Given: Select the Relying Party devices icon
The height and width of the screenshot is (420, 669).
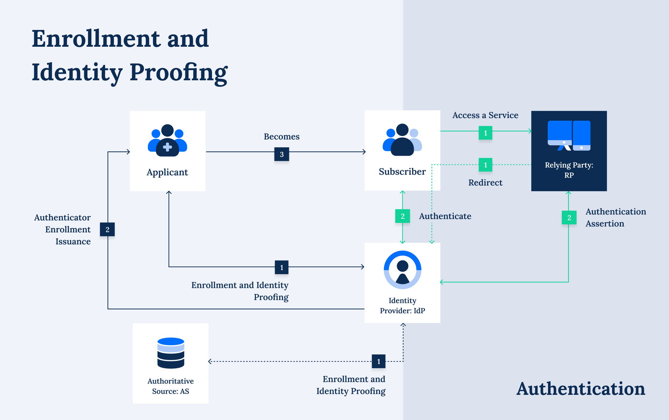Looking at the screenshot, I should click(569, 135).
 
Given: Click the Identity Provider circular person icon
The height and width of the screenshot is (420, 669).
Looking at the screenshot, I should click(402, 270).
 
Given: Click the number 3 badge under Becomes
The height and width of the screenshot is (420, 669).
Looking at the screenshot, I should click(281, 154).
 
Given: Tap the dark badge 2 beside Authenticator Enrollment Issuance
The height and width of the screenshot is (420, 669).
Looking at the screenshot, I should click(107, 229).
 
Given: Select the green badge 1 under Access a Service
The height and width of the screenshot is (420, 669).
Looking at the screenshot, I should click(485, 133).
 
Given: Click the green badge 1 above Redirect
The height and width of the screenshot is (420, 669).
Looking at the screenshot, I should click(485, 165).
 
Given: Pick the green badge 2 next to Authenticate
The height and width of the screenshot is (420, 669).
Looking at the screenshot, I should click(402, 216).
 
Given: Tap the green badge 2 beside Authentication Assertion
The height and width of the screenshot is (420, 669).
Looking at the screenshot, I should click(569, 218).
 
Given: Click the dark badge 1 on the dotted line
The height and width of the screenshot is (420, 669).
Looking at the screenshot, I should click(379, 361).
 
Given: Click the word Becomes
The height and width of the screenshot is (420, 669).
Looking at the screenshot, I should click(281, 137).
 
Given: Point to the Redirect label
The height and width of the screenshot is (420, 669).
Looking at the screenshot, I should click(485, 182).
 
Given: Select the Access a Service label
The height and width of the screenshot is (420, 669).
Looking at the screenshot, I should click(485, 115).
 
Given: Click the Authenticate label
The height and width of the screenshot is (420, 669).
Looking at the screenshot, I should click(445, 216).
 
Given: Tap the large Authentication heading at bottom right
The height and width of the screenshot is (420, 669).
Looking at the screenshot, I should click(581, 389).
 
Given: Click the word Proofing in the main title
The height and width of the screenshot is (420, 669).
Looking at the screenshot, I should click(178, 72).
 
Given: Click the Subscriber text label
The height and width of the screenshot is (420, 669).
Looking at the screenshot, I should click(402, 172).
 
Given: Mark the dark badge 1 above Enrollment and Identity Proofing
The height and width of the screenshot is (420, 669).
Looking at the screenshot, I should click(281, 267).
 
